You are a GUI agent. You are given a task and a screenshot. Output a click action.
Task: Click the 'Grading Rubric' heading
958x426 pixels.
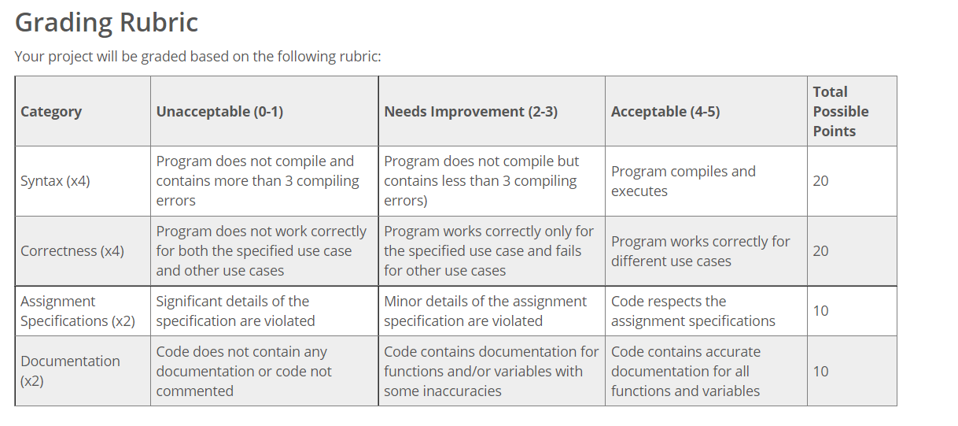(x=106, y=23)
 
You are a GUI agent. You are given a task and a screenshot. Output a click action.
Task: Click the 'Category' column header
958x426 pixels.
(x=51, y=111)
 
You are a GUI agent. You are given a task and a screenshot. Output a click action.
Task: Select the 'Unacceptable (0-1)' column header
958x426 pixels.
(x=219, y=111)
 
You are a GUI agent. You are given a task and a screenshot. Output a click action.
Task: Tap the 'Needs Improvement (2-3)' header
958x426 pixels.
(x=470, y=111)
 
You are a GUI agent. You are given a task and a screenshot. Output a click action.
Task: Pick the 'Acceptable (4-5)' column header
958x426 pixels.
(x=665, y=111)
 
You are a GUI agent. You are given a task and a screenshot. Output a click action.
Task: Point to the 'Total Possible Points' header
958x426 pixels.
(x=840, y=111)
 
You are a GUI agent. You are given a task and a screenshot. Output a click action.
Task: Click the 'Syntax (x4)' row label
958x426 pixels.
(x=55, y=181)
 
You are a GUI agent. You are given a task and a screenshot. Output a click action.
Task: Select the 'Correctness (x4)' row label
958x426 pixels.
(x=72, y=251)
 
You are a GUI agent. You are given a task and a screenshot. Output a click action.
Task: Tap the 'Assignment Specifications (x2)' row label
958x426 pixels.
(x=78, y=311)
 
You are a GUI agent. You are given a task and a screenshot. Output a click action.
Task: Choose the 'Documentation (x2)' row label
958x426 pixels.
(x=70, y=371)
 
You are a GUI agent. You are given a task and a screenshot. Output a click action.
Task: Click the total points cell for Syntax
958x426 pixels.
(x=820, y=181)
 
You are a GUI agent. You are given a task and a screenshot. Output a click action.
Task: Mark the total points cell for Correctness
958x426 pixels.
(x=820, y=251)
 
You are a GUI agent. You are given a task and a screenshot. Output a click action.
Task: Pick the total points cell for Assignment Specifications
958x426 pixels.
(x=820, y=311)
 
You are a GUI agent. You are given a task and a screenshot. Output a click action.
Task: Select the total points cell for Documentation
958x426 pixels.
(x=820, y=371)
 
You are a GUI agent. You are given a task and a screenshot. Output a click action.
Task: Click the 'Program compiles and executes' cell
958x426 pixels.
(x=683, y=181)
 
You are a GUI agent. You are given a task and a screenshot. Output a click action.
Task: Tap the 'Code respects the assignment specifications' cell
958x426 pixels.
(x=693, y=311)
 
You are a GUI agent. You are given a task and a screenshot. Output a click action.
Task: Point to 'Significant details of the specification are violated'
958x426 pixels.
(x=235, y=311)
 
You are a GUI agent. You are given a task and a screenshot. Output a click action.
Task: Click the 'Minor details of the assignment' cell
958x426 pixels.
(x=485, y=311)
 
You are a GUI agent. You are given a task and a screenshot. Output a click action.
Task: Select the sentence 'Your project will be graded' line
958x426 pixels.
(x=197, y=57)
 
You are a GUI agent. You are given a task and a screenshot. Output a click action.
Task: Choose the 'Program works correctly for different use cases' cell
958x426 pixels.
(x=700, y=251)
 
